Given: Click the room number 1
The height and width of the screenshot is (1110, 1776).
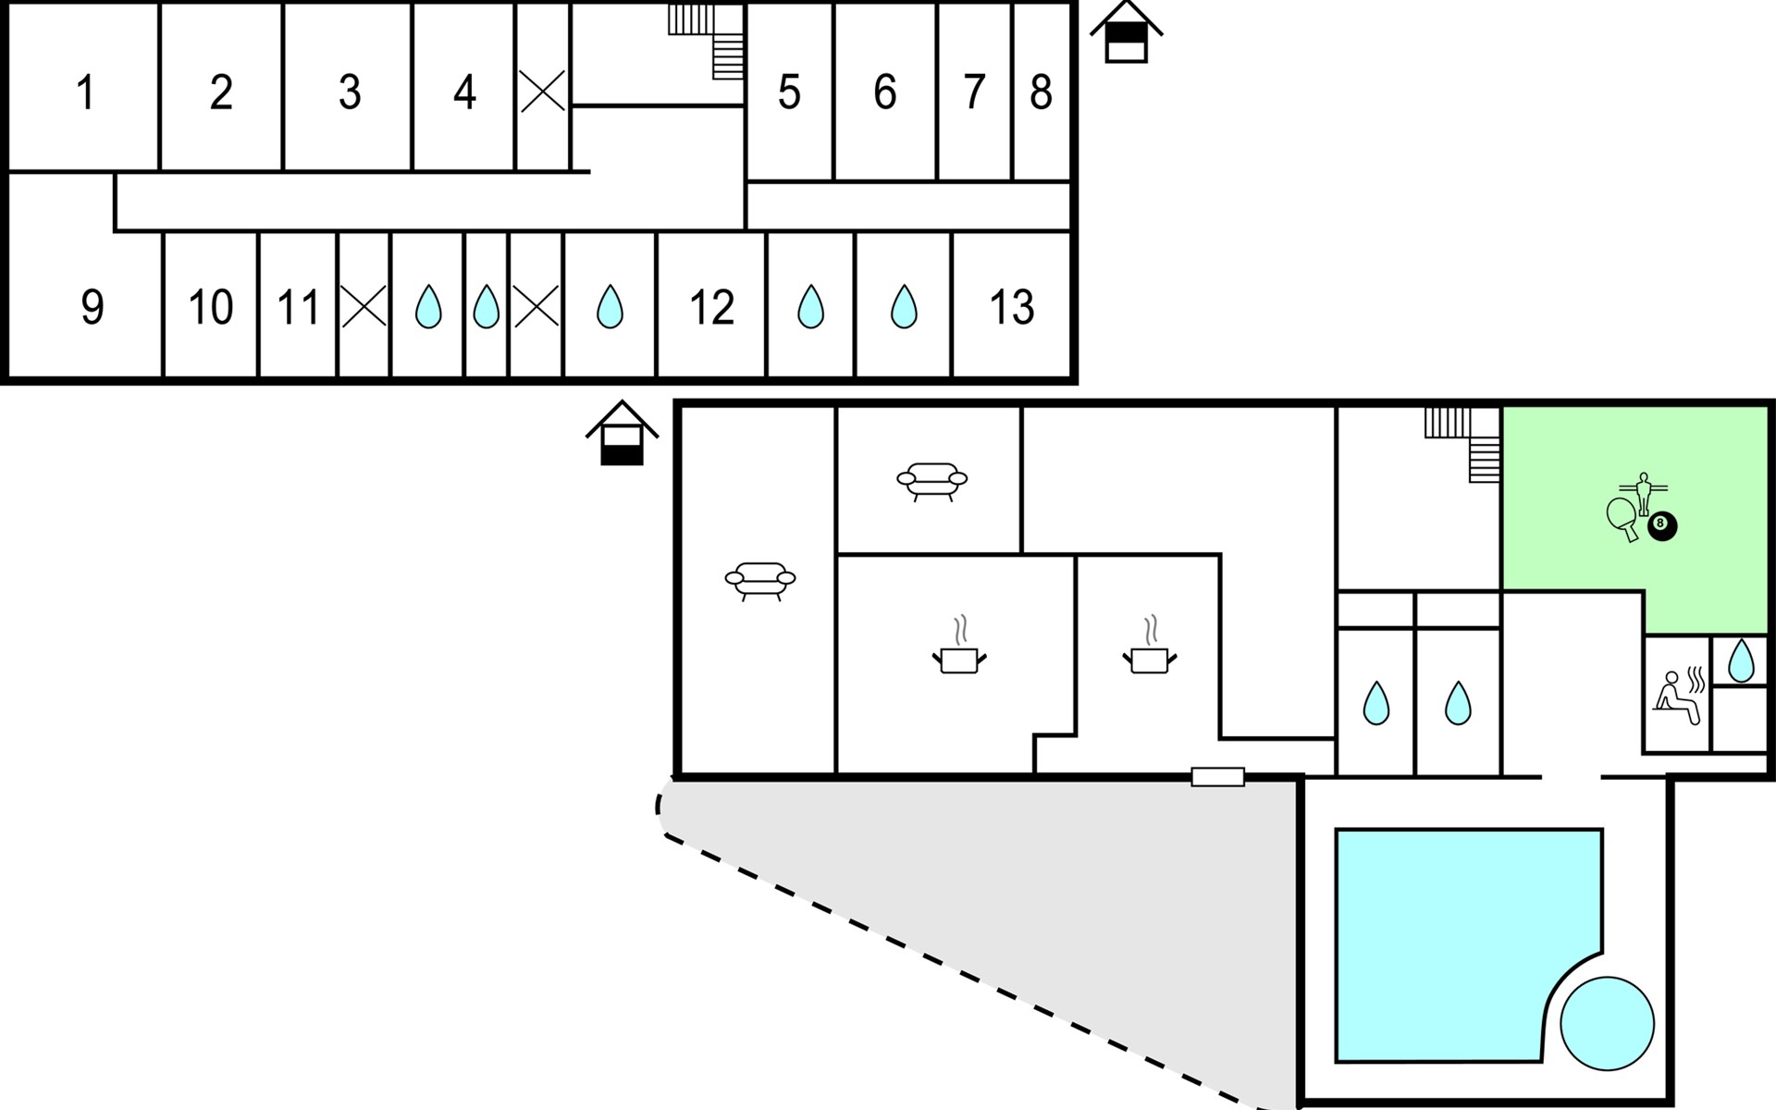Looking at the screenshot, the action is click(x=86, y=93).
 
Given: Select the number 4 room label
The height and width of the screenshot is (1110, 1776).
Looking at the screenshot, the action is click(x=464, y=92).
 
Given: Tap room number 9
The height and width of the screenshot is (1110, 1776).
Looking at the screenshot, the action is click(x=92, y=307).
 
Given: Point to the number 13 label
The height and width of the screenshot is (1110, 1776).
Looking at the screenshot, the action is click(x=1011, y=307).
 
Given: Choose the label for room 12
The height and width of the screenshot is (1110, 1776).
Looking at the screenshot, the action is click(x=711, y=307).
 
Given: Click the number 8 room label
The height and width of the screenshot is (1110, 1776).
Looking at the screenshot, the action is click(x=1041, y=92).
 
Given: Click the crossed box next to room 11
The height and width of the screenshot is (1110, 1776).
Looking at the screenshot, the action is click(x=364, y=306).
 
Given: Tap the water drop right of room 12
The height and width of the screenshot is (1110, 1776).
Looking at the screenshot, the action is click(x=811, y=306).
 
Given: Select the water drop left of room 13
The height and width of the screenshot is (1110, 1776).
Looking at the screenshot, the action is click(x=904, y=306).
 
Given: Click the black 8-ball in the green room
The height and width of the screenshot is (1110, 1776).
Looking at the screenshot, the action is click(x=1662, y=526).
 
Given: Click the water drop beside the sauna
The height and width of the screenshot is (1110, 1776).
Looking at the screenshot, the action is click(x=1741, y=660).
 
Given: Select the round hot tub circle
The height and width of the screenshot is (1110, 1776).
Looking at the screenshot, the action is click(x=1607, y=1024).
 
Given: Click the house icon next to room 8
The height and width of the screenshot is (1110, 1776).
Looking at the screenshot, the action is click(x=1126, y=32).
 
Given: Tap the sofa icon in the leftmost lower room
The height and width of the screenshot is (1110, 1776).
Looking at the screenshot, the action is click(x=760, y=580).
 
